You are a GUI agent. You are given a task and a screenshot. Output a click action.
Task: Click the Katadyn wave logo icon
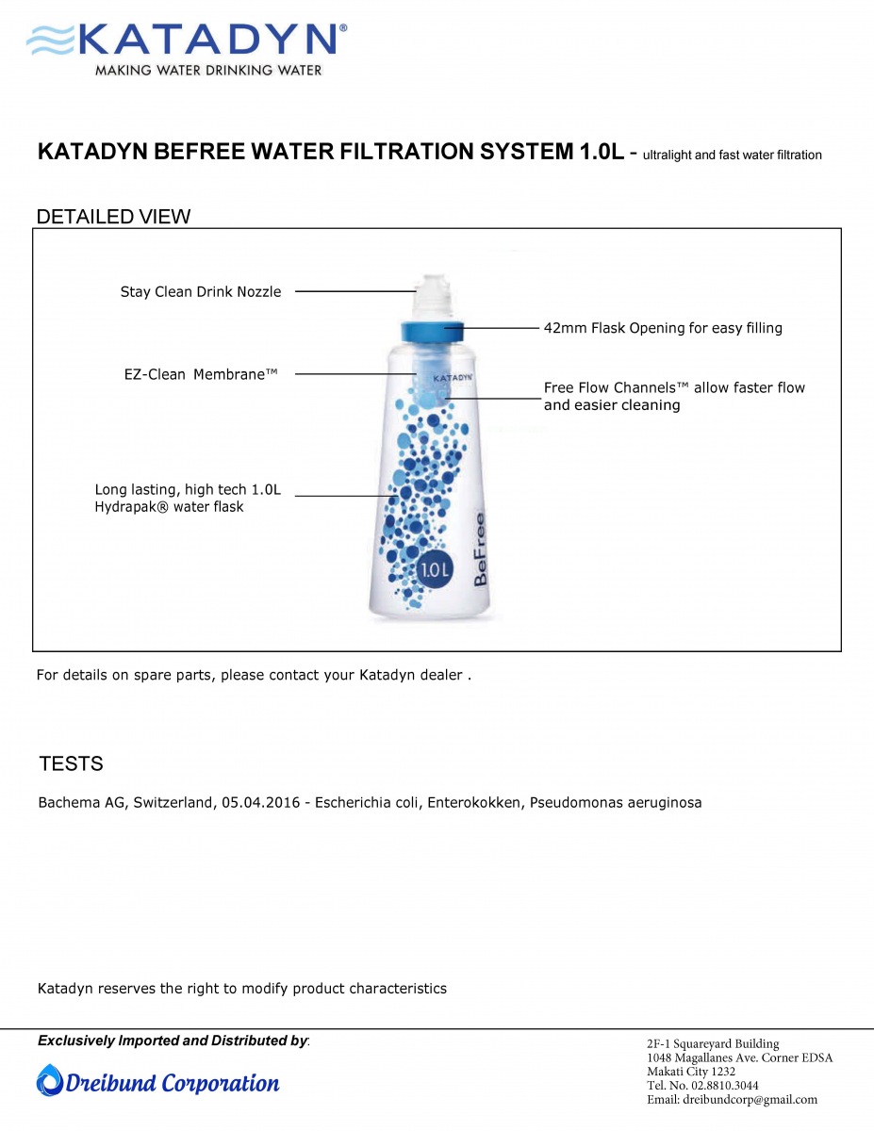coord(52,41)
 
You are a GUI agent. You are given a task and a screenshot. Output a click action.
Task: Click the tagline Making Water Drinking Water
coord(208,71)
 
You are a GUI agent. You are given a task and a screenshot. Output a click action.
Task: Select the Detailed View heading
coord(113,217)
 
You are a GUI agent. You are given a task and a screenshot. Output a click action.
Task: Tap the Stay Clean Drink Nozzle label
coord(201,292)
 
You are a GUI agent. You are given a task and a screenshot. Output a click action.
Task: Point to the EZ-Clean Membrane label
coord(201,374)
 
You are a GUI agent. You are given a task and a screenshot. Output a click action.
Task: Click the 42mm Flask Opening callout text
coord(663,329)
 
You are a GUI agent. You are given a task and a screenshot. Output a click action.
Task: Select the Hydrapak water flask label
coord(189,499)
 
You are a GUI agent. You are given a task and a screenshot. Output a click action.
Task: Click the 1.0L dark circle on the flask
coord(434,570)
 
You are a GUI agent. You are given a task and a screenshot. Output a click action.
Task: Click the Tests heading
coord(72,763)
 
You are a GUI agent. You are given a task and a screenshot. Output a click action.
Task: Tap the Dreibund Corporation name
coord(173,1083)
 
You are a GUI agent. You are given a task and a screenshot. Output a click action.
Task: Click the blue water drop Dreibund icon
coord(49,1080)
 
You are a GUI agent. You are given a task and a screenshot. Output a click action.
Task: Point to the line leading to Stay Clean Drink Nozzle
coord(354,292)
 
